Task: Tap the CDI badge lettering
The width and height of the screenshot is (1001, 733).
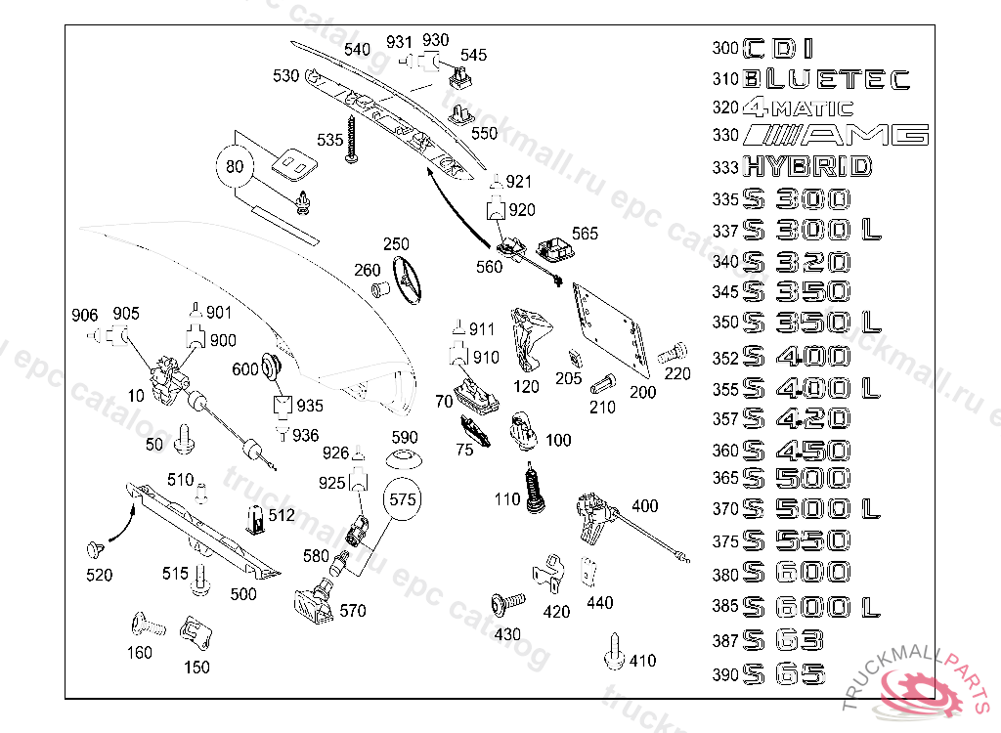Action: (778, 48)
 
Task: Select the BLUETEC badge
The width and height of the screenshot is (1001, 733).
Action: (826, 79)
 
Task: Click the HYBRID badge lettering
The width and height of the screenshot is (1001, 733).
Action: (806, 167)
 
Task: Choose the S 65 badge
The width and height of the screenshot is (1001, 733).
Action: (784, 673)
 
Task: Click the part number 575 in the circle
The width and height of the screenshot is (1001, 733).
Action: (403, 498)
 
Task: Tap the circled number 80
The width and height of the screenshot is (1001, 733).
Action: (234, 166)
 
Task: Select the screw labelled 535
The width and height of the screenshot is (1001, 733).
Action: (356, 142)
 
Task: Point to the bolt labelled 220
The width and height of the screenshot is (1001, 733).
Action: (673, 354)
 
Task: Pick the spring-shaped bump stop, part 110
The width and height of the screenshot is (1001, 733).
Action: (534, 488)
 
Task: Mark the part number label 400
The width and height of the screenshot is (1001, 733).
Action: (645, 506)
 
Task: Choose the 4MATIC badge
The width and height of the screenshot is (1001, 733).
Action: (798, 108)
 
